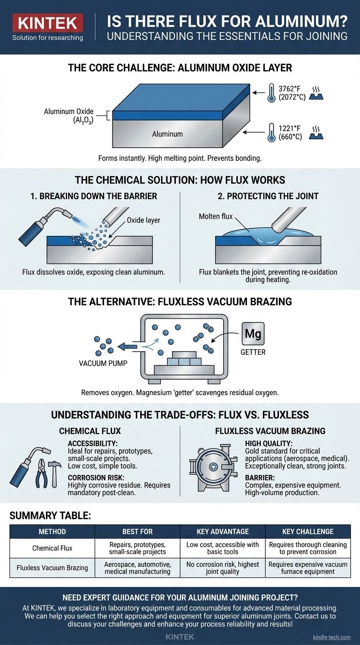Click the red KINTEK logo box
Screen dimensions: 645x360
[x=48, y=22]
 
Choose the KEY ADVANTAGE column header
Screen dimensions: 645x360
[x=223, y=531]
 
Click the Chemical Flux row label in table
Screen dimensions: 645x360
[x=52, y=548]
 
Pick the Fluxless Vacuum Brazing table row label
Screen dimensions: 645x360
[x=52, y=568]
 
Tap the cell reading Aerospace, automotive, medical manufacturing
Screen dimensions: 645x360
[x=137, y=568]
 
